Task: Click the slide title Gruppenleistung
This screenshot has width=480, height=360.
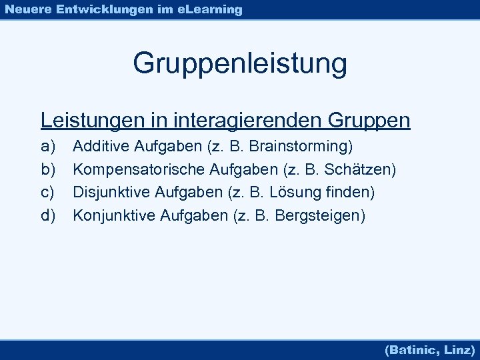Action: pos(240,64)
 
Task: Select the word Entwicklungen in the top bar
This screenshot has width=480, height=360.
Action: pos(98,9)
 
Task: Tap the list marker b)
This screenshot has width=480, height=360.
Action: pos(48,170)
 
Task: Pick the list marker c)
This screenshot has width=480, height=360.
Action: pos(48,193)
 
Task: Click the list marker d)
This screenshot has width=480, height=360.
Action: pos(48,215)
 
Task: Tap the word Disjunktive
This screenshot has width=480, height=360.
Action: pos(111,193)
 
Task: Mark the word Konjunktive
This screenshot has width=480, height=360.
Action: pos(113,215)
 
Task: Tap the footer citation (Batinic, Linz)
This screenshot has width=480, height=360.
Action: pos(429,349)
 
